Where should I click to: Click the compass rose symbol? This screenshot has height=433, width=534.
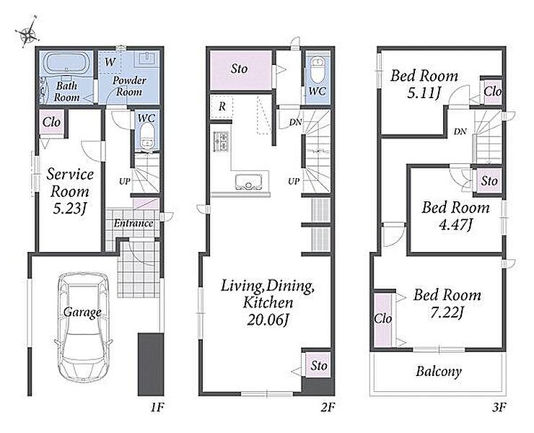point(27,32)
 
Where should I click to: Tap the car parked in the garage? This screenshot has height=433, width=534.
point(84,327)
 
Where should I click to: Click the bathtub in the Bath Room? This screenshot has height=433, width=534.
point(66,62)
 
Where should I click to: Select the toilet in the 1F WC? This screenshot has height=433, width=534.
point(147,136)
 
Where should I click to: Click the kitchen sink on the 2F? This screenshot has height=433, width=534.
point(248,183)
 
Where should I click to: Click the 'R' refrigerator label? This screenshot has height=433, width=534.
point(222,107)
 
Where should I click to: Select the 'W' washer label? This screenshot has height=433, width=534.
point(110,62)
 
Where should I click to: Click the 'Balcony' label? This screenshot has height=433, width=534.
point(438,372)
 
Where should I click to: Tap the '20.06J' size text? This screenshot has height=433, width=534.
point(268,320)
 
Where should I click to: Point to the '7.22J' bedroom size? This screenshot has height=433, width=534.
point(447,312)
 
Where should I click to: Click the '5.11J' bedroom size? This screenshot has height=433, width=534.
point(424,92)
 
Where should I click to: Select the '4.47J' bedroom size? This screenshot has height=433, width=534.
point(455,224)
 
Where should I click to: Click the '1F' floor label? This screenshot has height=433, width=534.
point(157,407)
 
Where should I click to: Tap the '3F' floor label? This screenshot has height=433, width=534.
point(499,407)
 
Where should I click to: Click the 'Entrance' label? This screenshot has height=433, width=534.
point(133,224)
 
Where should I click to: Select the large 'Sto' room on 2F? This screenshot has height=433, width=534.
point(241,70)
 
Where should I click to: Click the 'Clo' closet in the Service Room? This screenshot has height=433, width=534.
point(52,122)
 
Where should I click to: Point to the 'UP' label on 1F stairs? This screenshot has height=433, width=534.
point(124,182)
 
